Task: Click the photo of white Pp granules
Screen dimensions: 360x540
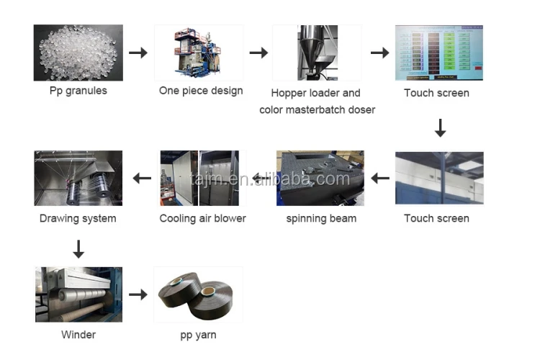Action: (78, 53)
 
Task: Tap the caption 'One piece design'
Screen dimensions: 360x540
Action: (201, 91)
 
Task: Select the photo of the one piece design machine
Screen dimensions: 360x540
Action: (199, 53)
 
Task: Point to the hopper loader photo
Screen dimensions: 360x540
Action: (317, 53)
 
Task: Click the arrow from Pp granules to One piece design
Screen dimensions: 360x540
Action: (138, 53)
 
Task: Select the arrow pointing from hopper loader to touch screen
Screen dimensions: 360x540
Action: (379, 53)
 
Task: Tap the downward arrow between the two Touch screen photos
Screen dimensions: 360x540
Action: (440, 128)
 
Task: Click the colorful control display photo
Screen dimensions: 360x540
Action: (438, 53)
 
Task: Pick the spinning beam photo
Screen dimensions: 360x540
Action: (320, 178)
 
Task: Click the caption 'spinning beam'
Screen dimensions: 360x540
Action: (320, 218)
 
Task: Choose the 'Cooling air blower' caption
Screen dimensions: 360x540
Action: (202, 218)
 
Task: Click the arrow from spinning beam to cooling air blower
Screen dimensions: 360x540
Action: (260, 178)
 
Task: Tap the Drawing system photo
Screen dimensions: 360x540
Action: (78, 178)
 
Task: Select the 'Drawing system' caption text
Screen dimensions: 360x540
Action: (78, 218)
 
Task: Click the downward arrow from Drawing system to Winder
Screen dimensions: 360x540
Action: (79, 249)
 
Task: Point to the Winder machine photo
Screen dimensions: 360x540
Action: (78, 294)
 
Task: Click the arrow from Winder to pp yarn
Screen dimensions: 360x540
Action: (138, 294)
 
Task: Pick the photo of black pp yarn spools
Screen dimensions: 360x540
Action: (199, 294)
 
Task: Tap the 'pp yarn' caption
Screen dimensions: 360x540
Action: (198, 335)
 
